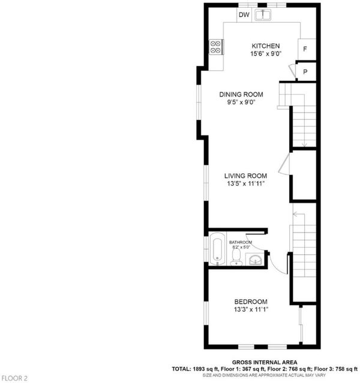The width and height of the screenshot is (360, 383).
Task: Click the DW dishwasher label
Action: pos(244,14)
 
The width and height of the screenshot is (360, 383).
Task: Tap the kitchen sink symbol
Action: pos(263,15)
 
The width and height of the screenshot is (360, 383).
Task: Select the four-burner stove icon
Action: pos(215,47)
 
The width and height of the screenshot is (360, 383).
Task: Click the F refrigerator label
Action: pos(305,49)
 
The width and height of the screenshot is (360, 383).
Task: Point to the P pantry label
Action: pos(305,72)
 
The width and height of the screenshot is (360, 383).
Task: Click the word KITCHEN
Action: pos(266,46)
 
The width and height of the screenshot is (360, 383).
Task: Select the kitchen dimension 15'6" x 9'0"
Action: pos(266,54)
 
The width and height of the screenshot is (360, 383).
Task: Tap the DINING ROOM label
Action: pos(241,94)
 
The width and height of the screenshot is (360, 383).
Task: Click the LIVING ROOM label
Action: pos(245,176)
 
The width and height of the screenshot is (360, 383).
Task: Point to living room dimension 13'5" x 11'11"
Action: pos(245,183)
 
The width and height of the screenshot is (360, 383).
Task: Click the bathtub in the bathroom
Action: pos(217,248)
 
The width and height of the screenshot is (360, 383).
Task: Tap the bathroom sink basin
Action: pos(256,260)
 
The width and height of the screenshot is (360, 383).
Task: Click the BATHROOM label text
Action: pos(241,242)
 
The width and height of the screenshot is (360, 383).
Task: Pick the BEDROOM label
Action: pos(251,301)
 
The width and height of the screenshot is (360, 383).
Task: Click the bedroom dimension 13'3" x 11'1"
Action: pos(251,309)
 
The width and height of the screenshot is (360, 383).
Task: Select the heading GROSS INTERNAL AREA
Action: pos(265,363)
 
